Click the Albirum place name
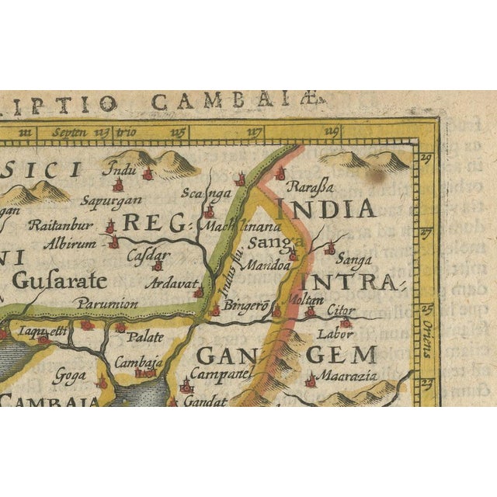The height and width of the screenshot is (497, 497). coord(72,243)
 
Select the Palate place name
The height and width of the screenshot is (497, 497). coord(145,336)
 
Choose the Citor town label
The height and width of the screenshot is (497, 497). coord(340,309)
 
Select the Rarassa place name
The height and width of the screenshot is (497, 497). coord(310,186)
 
